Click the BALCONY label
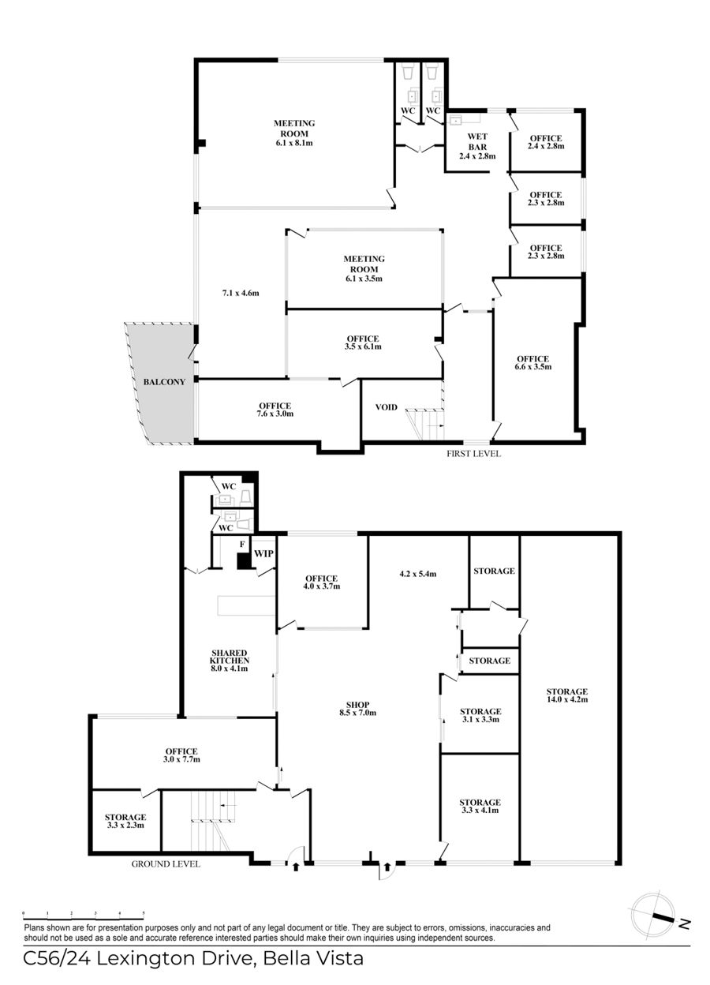(x=164, y=382)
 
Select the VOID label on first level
(x=386, y=407)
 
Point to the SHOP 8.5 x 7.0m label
(x=357, y=709)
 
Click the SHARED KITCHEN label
(x=229, y=657)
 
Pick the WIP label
(x=263, y=553)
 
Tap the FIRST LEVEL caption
(x=473, y=454)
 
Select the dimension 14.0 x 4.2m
(x=567, y=699)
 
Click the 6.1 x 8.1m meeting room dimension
(x=294, y=143)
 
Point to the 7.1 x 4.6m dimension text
(x=241, y=293)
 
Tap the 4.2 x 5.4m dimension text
(x=417, y=574)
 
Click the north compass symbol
(x=658, y=925)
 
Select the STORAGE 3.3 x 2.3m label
(x=125, y=821)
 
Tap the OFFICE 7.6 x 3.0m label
(x=275, y=410)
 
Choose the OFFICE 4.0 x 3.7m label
(x=321, y=582)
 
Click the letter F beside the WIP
(x=242, y=545)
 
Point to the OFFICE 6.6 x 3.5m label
(x=532, y=362)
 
